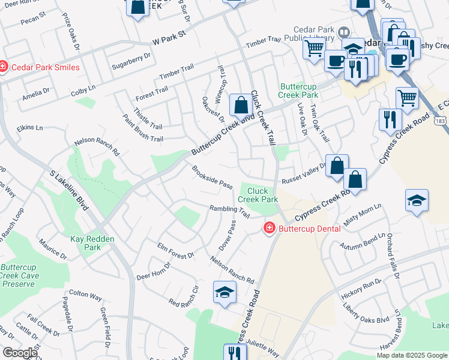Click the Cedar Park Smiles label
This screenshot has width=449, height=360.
pos(44,67)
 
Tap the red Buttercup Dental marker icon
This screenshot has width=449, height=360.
pos(269,229)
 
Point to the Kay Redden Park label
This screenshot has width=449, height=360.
pos(92,243)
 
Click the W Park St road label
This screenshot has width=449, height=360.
pos(170,41)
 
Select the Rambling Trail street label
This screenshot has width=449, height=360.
pos(229,211)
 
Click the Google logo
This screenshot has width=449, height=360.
pos(20,353)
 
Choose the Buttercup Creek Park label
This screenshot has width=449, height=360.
pos(298,91)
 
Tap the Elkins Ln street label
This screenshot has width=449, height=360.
pos(30,128)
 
